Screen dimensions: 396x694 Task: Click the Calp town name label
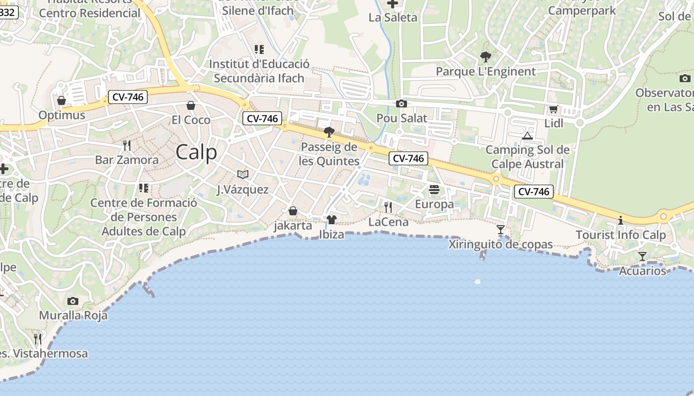pos(196,152)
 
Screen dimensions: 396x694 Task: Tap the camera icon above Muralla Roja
pos(73,301)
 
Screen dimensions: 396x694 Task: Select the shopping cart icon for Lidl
pos(553,109)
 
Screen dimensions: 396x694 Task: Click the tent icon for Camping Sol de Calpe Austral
pos(527,136)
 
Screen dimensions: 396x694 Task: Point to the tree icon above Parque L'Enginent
pos(485,57)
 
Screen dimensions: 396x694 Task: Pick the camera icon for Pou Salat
pos(402,104)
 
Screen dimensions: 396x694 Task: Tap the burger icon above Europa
pos(434,190)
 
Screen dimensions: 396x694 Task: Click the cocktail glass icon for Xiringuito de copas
pos(501,230)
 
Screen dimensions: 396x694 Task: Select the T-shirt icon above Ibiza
pos(332,220)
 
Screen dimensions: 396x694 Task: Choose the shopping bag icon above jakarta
pos(293,211)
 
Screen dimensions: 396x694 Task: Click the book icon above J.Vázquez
pos(243,175)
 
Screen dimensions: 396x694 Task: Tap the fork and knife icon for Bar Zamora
pos(127,146)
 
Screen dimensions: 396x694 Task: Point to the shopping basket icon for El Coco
pos(191,105)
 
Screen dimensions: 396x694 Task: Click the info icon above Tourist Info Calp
pos(621,220)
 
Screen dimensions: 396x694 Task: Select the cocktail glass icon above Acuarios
pos(642,256)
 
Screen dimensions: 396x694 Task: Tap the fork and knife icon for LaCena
pos(388,207)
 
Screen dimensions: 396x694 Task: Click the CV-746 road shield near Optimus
pos(128,97)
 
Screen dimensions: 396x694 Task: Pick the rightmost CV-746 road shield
pos(533,192)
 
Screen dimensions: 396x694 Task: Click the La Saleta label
pos(393,18)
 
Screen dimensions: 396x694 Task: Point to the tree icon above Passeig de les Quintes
pos(329,132)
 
